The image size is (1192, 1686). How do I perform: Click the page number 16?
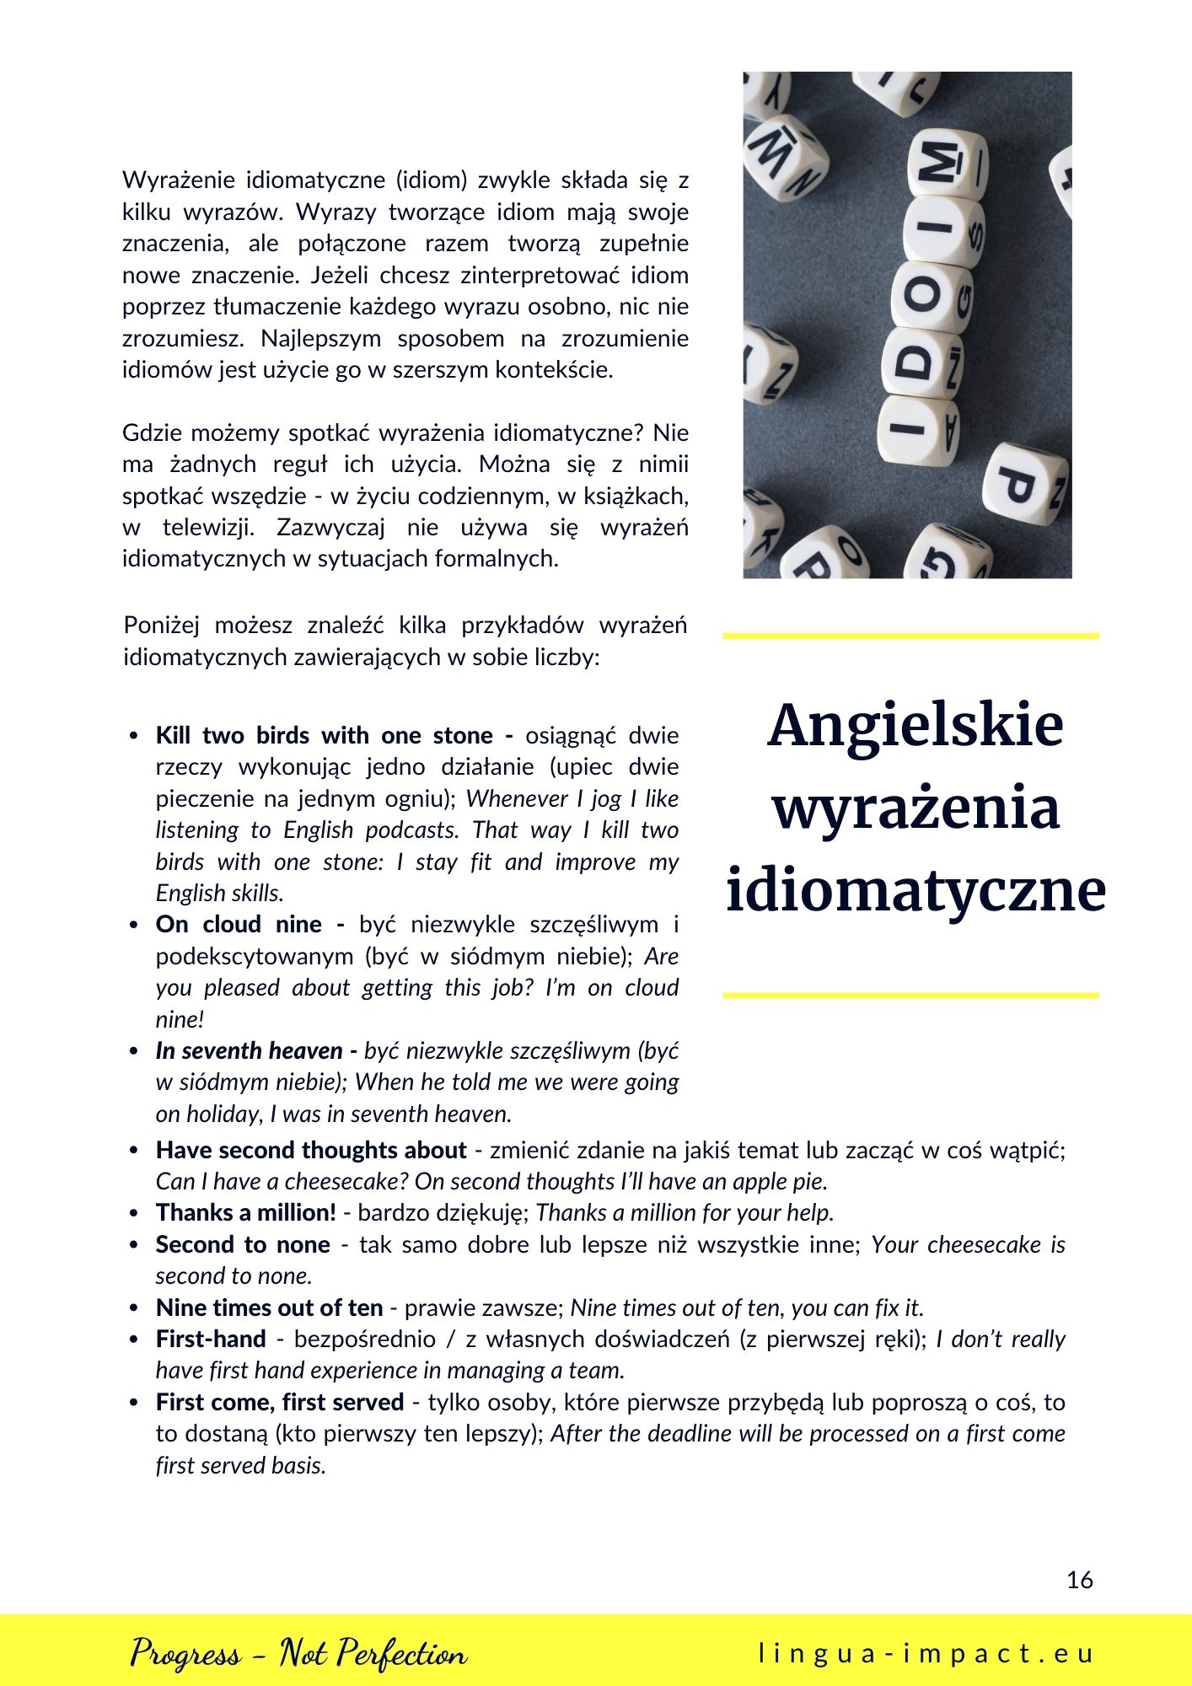(1079, 1580)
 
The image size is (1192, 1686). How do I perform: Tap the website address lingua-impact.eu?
(926, 1653)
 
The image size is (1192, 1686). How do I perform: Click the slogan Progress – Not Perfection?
(298, 1653)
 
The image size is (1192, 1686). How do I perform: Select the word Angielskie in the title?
(915, 725)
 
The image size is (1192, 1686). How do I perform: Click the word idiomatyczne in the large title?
(915, 890)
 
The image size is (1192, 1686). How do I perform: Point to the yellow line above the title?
(910, 636)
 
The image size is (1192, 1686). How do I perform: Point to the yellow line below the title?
(910, 996)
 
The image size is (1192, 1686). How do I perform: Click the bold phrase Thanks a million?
(246, 1212)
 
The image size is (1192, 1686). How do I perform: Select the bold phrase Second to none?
(243, 1244)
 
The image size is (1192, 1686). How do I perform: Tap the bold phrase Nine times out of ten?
(269, 1307)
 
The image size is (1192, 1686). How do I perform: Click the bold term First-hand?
(211, 1339)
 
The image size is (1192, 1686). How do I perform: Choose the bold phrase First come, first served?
(280, 1402)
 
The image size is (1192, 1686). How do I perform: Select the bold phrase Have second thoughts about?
(311, 1150)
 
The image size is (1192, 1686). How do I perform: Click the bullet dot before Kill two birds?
(134, 736)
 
